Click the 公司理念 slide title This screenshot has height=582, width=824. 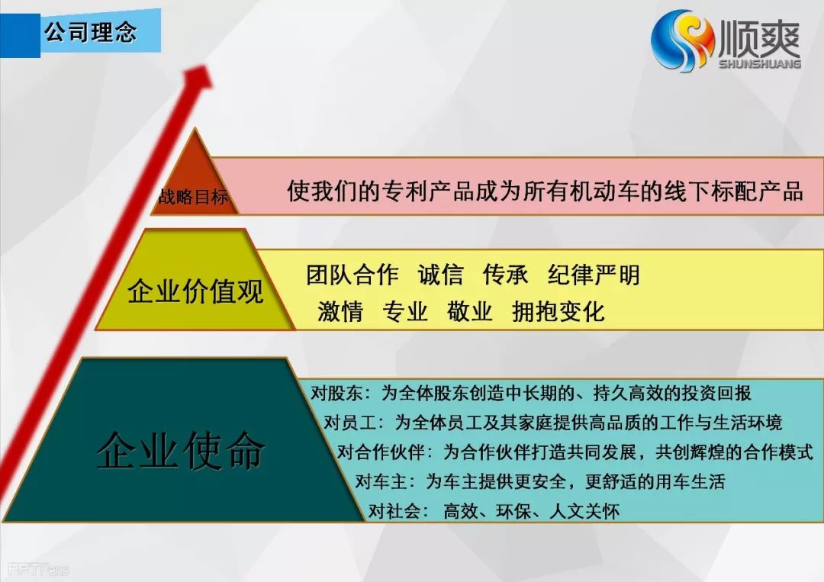pos(90,33)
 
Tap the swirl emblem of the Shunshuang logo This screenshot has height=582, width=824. pos(682,40)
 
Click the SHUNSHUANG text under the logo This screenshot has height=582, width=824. pos(760,63)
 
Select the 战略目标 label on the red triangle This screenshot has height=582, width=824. pos(193,197)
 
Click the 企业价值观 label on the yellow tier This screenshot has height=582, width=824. pos(195,291)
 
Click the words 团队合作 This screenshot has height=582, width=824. pos(352,275)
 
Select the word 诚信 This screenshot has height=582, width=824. pos(440,275)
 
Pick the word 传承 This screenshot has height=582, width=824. pos(505,275)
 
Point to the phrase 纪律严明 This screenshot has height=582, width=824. pos(594,275)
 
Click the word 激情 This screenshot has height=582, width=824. pos(340,311)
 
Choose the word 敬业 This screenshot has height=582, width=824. pos(469,311)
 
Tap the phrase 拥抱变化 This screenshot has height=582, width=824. pos(558,311)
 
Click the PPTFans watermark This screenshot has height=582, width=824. pos(38,569)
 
